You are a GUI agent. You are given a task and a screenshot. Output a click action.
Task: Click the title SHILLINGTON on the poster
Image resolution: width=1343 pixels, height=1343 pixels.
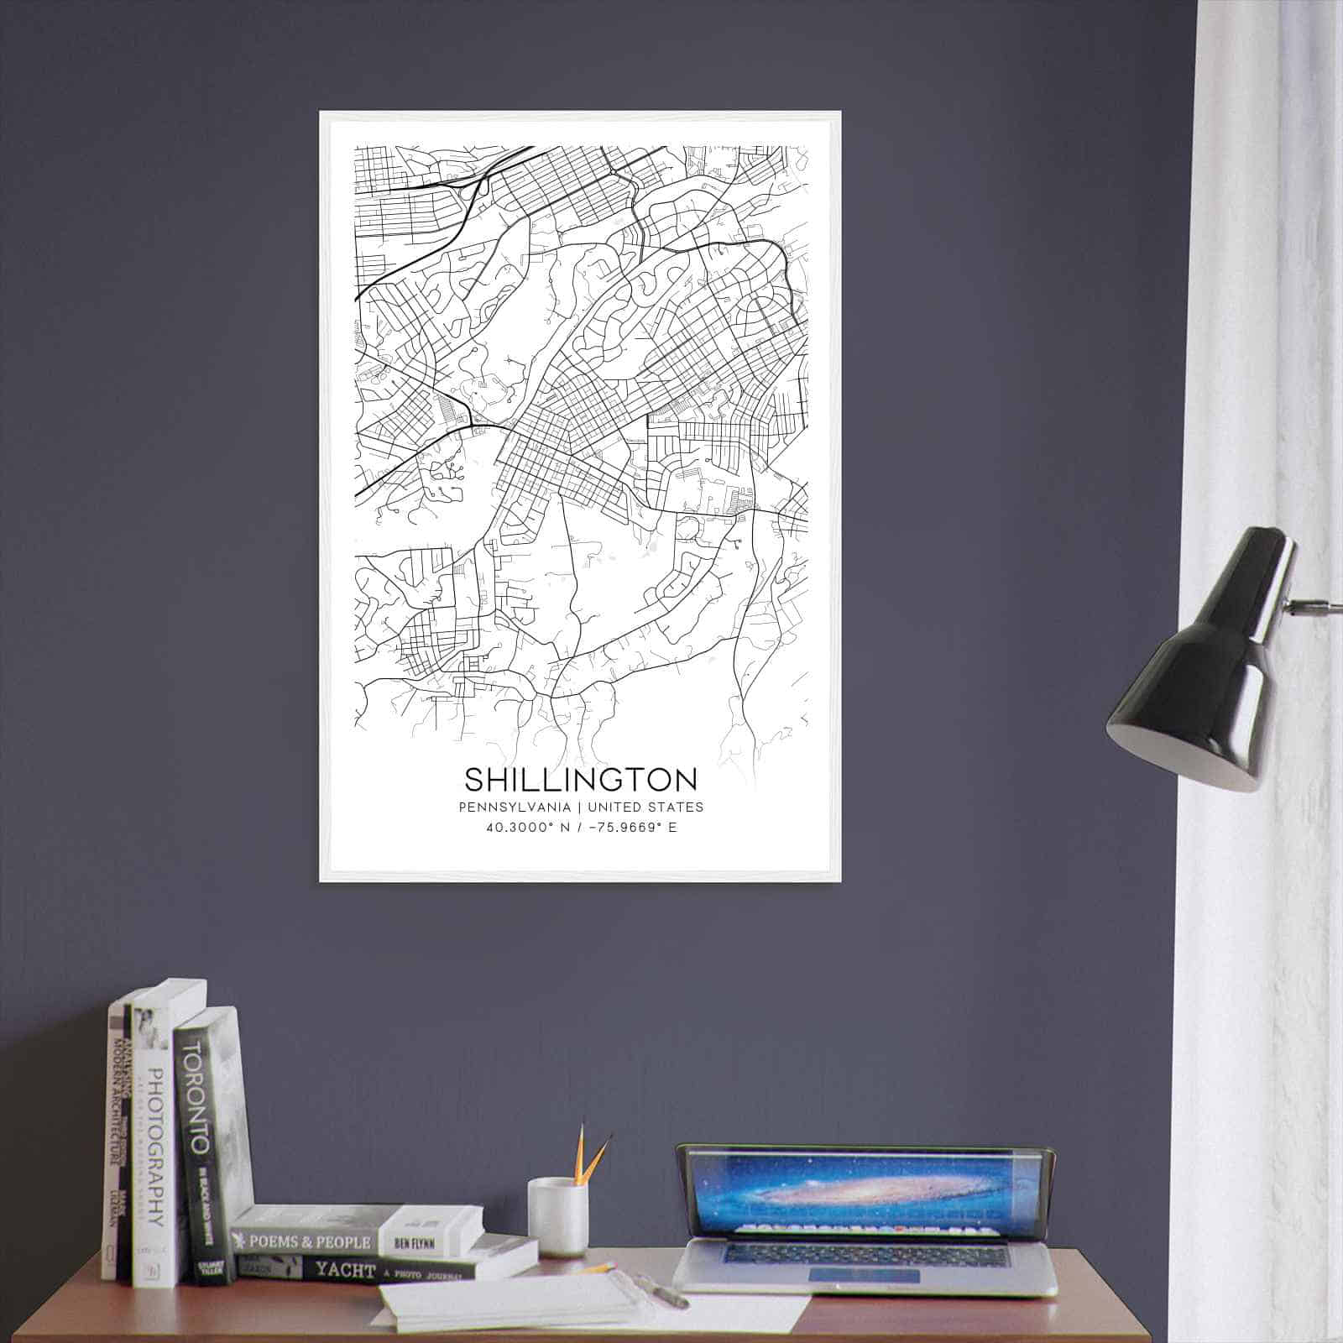(580, 780)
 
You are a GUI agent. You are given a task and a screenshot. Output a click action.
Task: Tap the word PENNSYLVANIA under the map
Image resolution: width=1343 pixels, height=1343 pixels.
(515, 807)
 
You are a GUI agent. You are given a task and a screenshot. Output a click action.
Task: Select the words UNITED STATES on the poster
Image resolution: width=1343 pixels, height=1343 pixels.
(645, 807)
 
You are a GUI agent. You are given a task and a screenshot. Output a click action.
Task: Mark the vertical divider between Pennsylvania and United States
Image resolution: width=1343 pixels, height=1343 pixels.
(579, 807)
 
